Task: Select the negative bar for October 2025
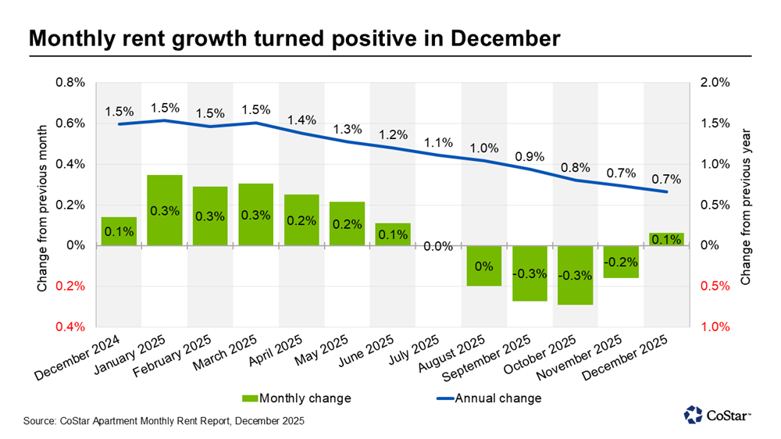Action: tap(576, 275)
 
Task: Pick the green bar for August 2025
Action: tap(484, 266)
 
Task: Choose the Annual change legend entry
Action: tap(485, 398)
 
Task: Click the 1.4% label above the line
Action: tap(301, 120)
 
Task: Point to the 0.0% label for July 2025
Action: tap(438, 247)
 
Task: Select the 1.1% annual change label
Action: tap(438, 142)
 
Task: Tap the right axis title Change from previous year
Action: tap(745, 205)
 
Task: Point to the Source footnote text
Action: tap(164, 421)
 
